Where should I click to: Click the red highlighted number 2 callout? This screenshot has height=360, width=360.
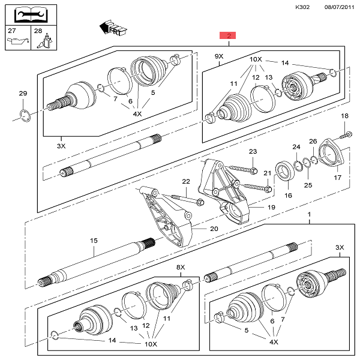(x=229, y=35)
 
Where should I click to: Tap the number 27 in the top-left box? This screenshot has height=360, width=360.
(x=12, y=29)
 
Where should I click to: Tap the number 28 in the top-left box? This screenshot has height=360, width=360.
(x=38, y=29)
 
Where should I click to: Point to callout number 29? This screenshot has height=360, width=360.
(x=23, y=93)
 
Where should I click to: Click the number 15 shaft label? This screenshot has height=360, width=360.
(x=94, y=241)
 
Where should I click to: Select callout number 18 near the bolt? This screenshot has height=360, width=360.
(x=344, y=115)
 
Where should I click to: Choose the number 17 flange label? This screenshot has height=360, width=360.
(x=337, y=178)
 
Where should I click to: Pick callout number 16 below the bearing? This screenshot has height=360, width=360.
(x=288, y=195)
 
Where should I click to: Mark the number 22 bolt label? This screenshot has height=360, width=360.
(x=186, y=182)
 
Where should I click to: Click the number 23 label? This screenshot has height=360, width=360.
(x=253, y=152)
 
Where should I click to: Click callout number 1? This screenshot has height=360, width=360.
(x=310, y=214)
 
